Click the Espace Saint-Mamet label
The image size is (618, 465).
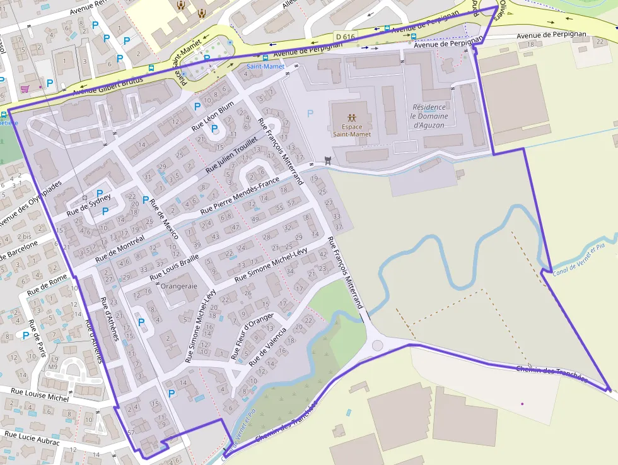(x=351, y=130)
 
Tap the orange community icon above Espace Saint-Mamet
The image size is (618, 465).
(x=351, y=117)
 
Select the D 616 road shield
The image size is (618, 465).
(x=346, y=37)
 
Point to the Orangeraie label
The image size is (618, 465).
(x=180, y=286)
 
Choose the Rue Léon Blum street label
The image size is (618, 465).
(x=213, y=115)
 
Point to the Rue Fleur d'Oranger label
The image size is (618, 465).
(x=252, y=336)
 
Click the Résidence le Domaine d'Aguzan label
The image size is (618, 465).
(x=429, y=116)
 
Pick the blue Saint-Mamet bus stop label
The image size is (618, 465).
(x=265, y=66)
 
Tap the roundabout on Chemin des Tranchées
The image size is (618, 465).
(x=378, y=345)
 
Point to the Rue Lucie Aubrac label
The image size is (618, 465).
(x=32, y=437)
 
